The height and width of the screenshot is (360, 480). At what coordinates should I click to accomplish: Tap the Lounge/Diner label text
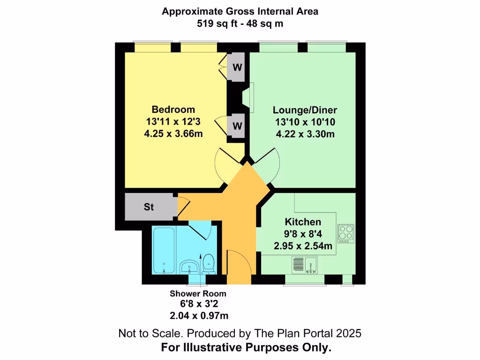(305, 110)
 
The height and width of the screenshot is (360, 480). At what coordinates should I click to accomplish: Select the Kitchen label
(303, 222)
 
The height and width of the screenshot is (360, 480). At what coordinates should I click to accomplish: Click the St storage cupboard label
(149, 207)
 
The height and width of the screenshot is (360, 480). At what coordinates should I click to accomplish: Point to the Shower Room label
(198, 293)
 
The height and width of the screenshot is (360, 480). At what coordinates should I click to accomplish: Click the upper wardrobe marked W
(238, 67)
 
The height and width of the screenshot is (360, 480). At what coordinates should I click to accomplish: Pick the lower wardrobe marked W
(238, 126)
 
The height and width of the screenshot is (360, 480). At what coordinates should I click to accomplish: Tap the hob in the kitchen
(347, 233)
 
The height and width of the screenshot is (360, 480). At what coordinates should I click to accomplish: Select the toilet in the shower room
(209, 264)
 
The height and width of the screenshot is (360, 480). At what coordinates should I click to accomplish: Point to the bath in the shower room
(163, 251)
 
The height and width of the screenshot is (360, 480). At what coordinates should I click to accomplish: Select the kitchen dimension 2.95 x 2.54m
(303, 245)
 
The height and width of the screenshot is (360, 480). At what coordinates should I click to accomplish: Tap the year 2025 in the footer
(349, 334)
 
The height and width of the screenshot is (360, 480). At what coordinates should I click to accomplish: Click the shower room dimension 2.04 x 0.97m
(199, 315)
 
